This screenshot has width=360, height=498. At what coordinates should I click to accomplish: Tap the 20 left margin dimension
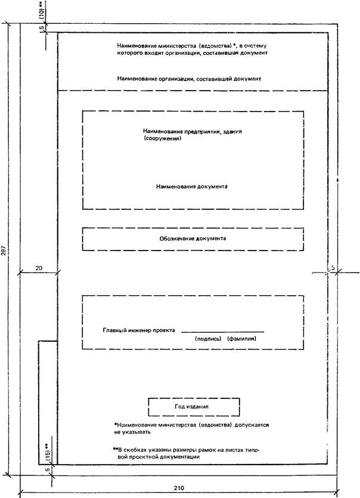(x=39, y=268)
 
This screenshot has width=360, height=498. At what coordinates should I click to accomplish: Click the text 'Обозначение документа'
(x=192, y=237)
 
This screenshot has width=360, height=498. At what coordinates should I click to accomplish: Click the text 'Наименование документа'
(x=192, y=187)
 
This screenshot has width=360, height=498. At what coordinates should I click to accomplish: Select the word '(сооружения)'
(x=162, y=138)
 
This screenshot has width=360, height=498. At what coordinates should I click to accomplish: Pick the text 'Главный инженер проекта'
(x=138, y=330)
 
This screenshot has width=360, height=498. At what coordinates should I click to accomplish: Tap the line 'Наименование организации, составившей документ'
(x=190, y=79)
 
